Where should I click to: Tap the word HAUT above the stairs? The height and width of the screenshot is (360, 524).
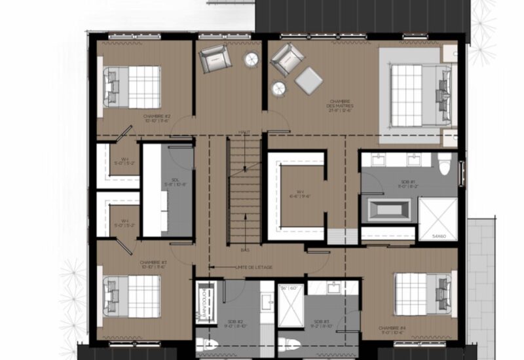point(244,132)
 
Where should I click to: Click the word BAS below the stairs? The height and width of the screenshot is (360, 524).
point(244,249)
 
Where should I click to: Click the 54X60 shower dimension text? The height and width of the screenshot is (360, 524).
point(438,236)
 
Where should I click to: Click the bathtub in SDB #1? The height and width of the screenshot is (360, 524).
point(388,210)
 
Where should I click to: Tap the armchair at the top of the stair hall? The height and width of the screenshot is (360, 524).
point(215,60)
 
